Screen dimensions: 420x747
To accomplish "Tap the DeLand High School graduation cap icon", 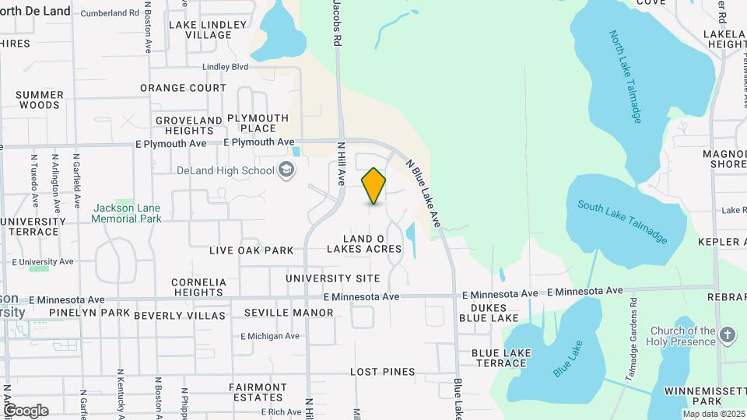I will [286, 170].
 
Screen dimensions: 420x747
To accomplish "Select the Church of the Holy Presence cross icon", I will [728, 335].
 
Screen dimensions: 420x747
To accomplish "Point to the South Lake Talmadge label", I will [622, 222].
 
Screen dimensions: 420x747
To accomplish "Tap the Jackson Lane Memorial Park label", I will [126, 213].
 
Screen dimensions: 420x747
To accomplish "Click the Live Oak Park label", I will [251, 250].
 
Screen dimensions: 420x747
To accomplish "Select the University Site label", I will [332, 278].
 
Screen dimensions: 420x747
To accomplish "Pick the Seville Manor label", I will [289, 313].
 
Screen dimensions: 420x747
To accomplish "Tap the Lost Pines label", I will [382, 372].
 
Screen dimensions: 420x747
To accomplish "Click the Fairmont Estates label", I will [258, 392].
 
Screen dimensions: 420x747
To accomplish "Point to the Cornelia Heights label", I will [199, 287].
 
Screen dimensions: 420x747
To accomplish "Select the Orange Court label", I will [183, 88].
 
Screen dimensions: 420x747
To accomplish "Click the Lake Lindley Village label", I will [208, 30].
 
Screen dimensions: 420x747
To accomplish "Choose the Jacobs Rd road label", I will [337, 21].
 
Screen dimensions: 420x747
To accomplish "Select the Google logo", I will [26, 411].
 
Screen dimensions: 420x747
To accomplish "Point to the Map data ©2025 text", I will [713, 413].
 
